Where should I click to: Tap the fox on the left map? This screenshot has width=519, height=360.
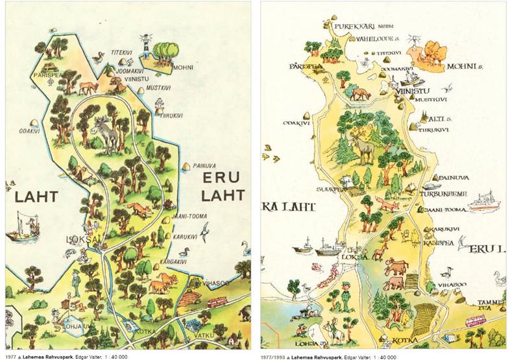point(139,210)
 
